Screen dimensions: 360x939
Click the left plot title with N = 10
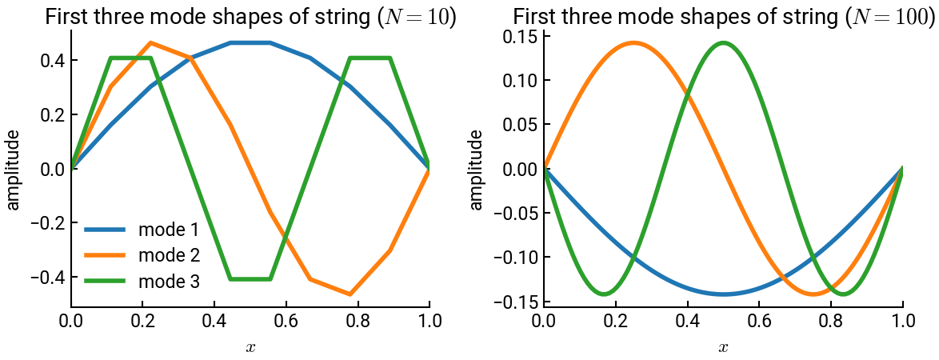click(x=250, y=17)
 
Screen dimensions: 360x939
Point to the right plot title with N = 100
click(x=723, y=17)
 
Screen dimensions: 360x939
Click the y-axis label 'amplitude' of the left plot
click(x=14, y=169)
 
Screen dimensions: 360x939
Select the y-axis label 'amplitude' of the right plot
click(x=477, y=169)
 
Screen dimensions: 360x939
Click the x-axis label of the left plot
click(x=250, y=347)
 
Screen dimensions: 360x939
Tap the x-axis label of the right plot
click(x=723, y=347)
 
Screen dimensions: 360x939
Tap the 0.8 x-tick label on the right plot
click(x=831, y=322)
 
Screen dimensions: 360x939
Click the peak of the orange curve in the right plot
click(x=633, y=42)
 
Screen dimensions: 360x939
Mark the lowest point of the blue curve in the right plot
click(x=723, y=294)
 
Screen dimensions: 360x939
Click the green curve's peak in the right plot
click(x=724, y=42)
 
